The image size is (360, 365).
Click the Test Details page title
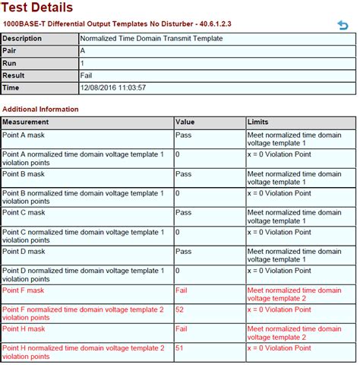[38, 8]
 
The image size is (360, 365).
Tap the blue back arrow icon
[343, 25]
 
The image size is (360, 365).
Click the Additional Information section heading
[40, 109]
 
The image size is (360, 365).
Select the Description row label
[23, 38]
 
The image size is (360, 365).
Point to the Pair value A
[83, 50]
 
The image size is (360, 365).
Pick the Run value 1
[82, 63]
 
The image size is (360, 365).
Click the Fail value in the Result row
[87, 75]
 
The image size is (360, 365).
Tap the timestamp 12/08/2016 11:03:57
[113, 87]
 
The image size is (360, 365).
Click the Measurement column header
[26, 122]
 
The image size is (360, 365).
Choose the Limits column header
[258, 122]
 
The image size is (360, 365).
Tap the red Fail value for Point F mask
[182, 290]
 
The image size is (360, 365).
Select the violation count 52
[179, 309]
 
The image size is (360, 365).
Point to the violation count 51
[179, 348]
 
